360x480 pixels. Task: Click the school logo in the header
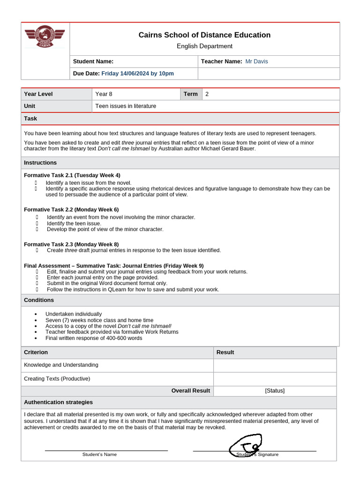click(45, 36)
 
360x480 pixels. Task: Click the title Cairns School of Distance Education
click(204, 35)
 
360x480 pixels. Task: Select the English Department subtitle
click(204, 46)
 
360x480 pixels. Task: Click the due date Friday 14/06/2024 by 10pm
click(137, 74)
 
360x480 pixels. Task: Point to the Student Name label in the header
click(93, 61)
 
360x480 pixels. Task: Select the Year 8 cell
click(104, 94)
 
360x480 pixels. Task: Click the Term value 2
click(207, 94)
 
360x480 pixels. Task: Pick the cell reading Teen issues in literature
click(126, 106)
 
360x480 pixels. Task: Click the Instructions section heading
click(40, 163)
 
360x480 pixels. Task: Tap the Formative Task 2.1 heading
click(72, 175)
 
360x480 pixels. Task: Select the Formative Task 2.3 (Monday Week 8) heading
click(71, 244)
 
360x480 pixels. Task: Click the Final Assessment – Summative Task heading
click(113, 265)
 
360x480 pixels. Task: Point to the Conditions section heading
click(39, 300)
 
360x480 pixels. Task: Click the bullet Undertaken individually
click(74, 314)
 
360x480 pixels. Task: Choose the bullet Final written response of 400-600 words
click(94, 338)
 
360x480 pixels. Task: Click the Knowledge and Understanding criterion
click(61, 365)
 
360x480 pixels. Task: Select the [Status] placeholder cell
click(275, 390)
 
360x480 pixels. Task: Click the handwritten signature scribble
click(246, 445)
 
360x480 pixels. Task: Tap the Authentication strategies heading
click(58, 402)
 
